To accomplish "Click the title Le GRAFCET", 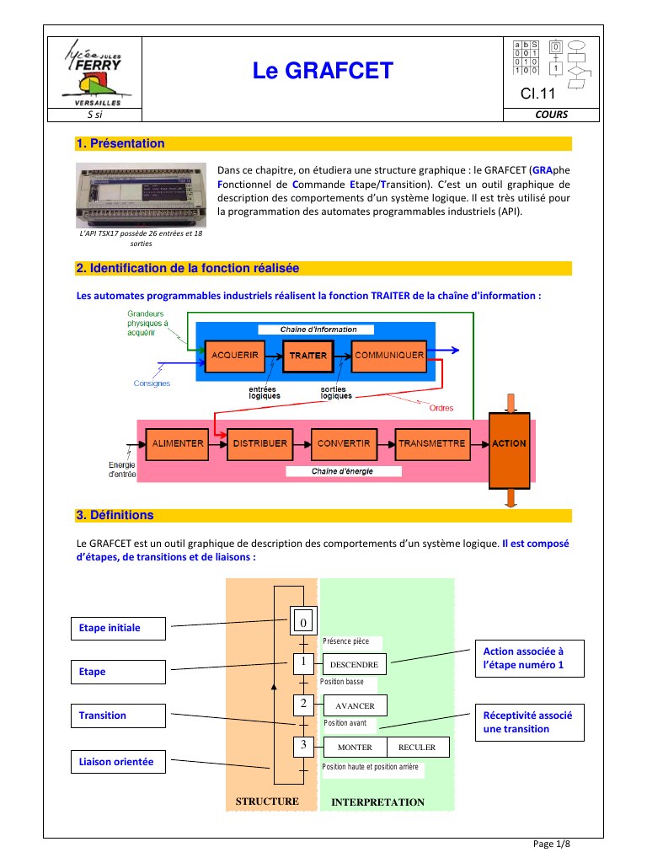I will tap(323, 72).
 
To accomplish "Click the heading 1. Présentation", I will tap(120, 143).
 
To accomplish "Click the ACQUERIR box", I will tap(235, 355).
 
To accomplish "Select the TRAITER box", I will tap(307, 356).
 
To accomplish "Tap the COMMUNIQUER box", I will tap(388, 355).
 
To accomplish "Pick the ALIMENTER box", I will tap(176, 443).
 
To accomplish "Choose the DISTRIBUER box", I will tap(259, 443).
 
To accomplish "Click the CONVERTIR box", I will tap(345, 443).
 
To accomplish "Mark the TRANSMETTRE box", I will tap(431, 443).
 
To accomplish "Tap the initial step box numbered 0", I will tap(302, 622).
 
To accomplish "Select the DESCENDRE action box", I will tap(354, 665).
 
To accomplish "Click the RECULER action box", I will tap(417, 747).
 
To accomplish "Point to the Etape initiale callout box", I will tap(118, 628).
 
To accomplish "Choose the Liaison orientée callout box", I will tap(118, 761).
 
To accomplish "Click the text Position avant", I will tap(345, 723).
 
